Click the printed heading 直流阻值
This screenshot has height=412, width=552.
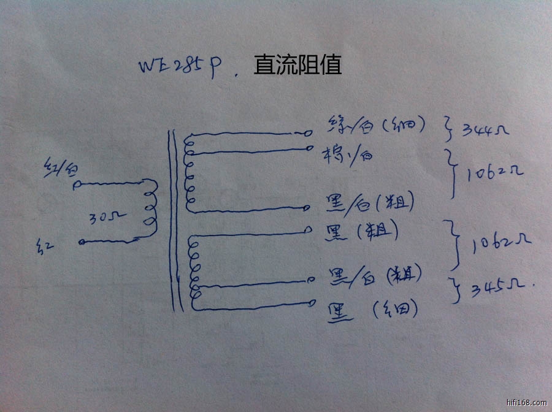(x=297, y=64)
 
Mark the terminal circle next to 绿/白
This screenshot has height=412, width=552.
(x=309, y=133)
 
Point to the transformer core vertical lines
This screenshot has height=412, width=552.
(x=176, y=221)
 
